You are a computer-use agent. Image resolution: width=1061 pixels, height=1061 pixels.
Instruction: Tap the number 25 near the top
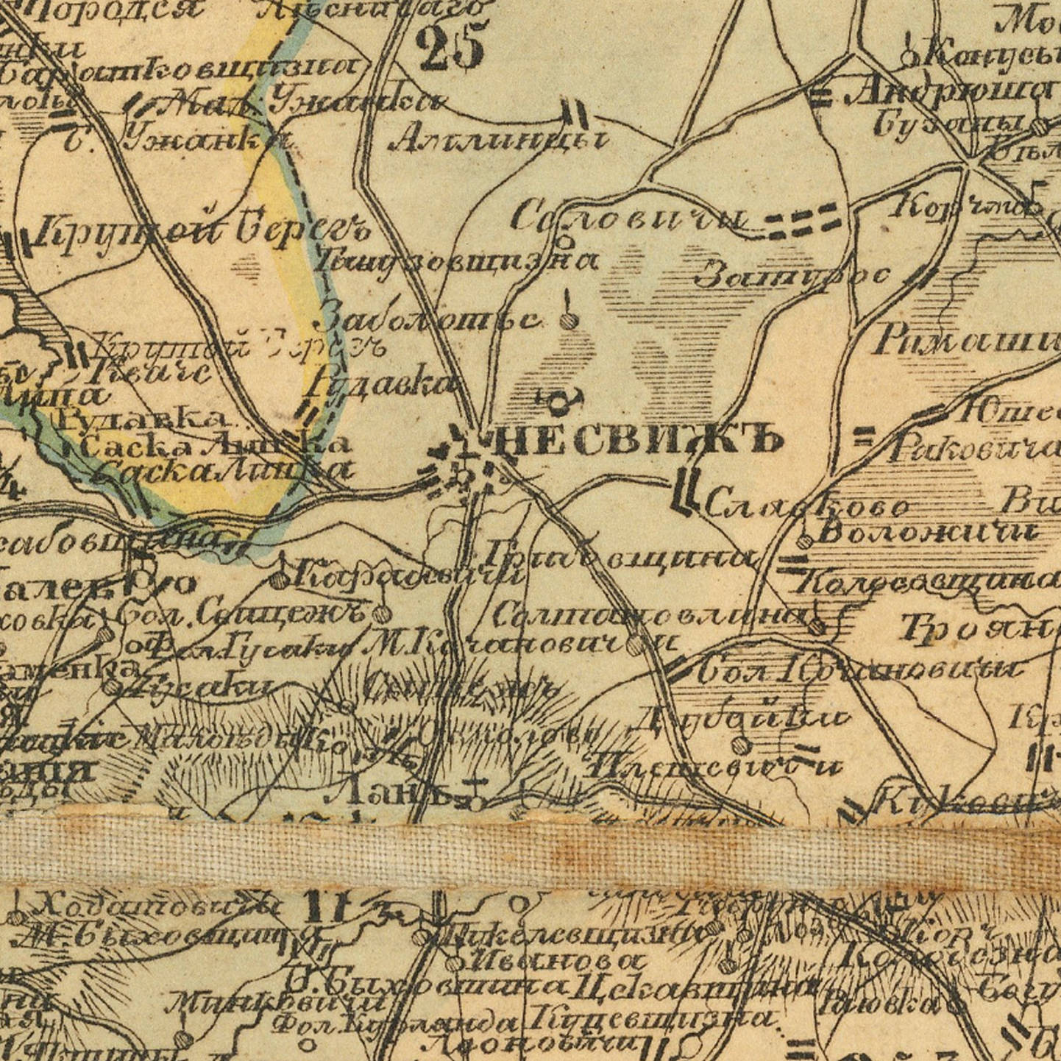tap(451, 46)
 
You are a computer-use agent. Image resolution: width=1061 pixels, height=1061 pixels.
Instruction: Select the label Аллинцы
tap(500, 138)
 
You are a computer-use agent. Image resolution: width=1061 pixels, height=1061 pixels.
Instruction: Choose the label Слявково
tap(807, 506)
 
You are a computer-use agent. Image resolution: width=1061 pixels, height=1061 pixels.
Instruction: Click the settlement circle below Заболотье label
tap(567, 321)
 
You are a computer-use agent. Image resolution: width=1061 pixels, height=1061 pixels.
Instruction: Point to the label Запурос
tap(792, 276)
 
